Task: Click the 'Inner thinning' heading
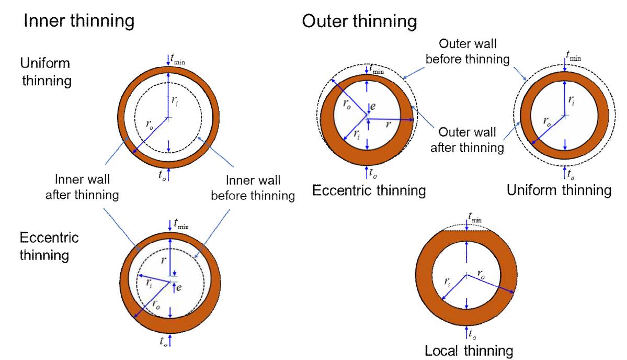[x=78, y=21]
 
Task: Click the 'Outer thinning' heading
[x=359, y=21]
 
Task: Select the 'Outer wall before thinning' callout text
[x=467, y=51]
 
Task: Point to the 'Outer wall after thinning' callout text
[x=467, y=140]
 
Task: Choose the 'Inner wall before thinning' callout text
[x=253, y=188]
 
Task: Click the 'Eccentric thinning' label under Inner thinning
[x=49, y=247]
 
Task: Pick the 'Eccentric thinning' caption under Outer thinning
[x=369, y=190]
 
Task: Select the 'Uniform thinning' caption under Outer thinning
[x=559, y=190]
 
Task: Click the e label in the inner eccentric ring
[x=178, y=287]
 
